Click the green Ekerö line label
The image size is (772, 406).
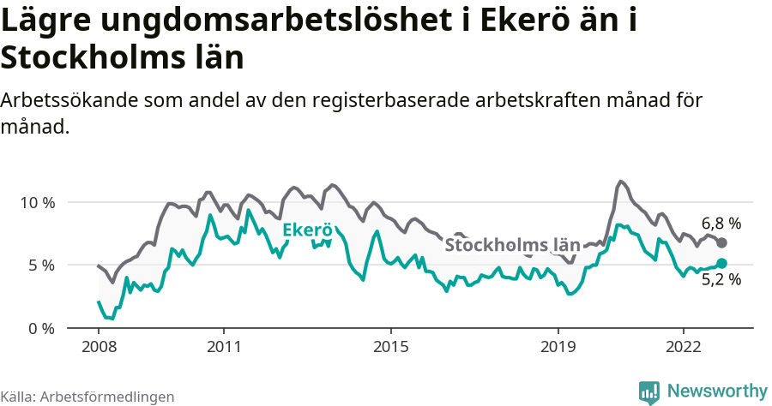pos(306,230)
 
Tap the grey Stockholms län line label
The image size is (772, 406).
pos(511,245)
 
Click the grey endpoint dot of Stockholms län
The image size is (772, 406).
pos(721,243)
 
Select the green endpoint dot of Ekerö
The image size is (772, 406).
pos(721,263)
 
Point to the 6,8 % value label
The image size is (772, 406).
pos(721,223)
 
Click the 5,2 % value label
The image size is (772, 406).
pos(721,279)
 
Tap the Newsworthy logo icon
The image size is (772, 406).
pos(649,391)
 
